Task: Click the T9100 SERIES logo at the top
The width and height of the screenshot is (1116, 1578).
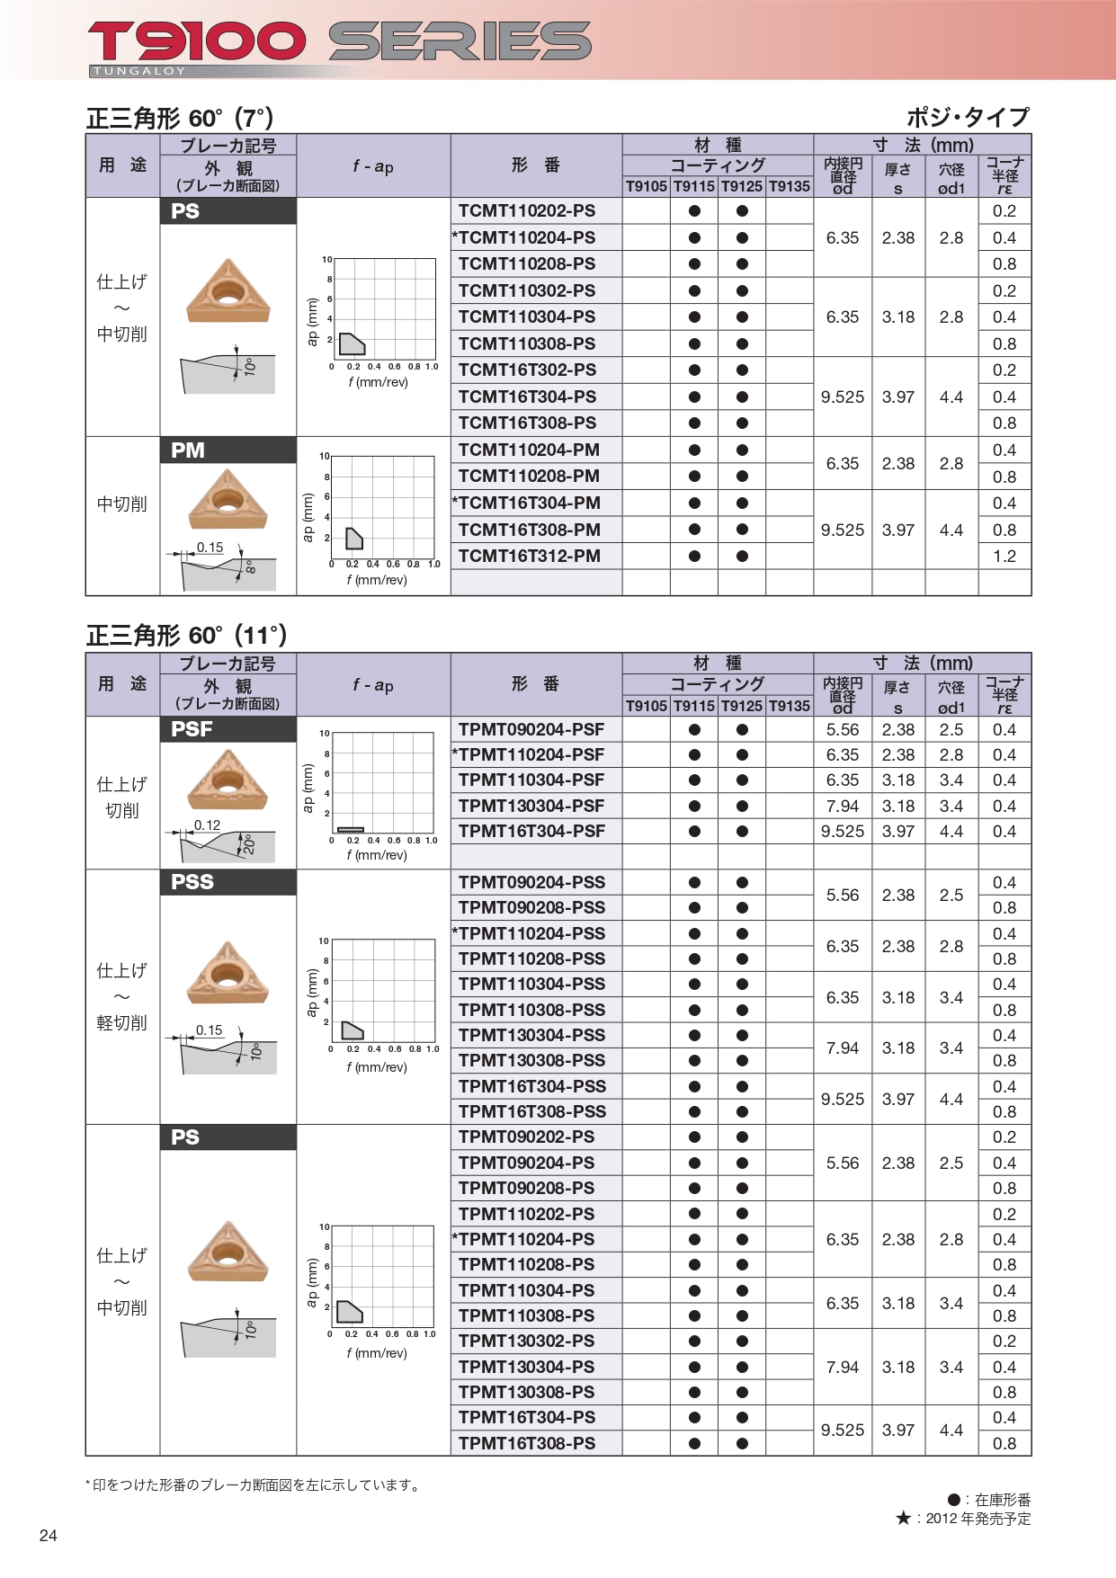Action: (x=339, y=42)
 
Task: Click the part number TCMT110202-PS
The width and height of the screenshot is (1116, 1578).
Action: (x=526, y=211)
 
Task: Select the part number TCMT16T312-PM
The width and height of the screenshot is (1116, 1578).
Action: (x=529, y=557)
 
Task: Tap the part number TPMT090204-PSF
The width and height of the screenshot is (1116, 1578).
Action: (x=531, y=730)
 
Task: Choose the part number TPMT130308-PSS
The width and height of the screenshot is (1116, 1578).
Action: (x=531, y=1061)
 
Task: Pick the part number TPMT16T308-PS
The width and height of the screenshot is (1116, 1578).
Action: (x=526, y=1444)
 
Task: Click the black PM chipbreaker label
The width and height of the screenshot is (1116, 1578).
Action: (x=188, y=450)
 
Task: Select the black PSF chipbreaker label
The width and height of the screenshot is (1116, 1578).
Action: (x=192, y=729)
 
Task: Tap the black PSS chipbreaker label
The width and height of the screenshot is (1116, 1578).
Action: (x=192, y=882)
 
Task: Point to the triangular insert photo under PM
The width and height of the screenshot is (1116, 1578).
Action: (x=228, y=500)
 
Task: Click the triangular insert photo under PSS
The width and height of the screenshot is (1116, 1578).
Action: (x=228, y=973)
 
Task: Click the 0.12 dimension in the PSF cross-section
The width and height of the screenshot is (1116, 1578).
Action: (x=207, y=825)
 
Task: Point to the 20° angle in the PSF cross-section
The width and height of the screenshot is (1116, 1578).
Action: (x=249, y=844)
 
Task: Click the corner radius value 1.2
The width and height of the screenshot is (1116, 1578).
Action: (x=1004, y=557)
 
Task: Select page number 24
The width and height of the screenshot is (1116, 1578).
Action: (x=49, y=1536)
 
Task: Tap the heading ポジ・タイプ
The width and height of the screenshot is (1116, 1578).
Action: (x=967, y=118)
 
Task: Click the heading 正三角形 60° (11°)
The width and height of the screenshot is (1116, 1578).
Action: (x=186, y=637)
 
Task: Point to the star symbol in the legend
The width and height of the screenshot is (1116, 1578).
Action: (x=904, y=1519)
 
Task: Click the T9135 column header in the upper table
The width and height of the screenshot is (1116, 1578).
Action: (x=790, y=187)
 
